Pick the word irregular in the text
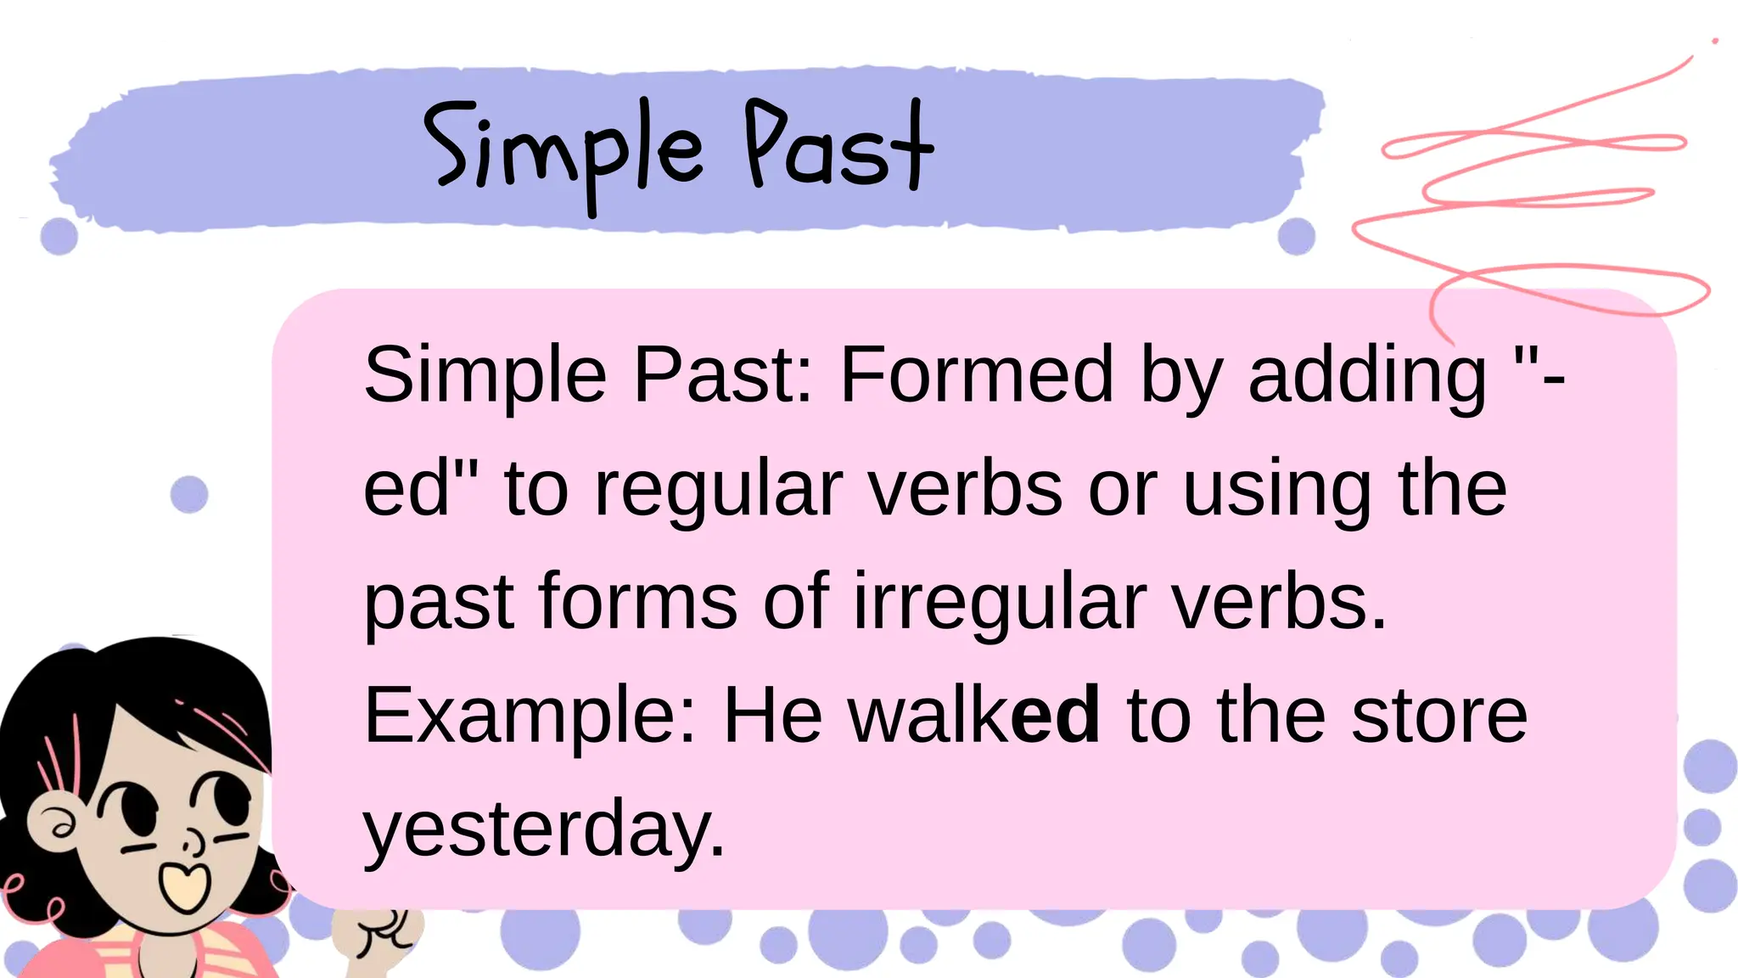(x=1000, y=602)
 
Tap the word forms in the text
(x=637, y=602)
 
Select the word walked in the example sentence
(x=974, y=716)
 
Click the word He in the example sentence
(x=772, y=716)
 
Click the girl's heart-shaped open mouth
(x=185, y=885)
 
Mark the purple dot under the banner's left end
(x=59, y=235)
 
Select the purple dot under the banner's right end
(x=1296, y=236)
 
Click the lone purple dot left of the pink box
(x=189, y=494)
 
